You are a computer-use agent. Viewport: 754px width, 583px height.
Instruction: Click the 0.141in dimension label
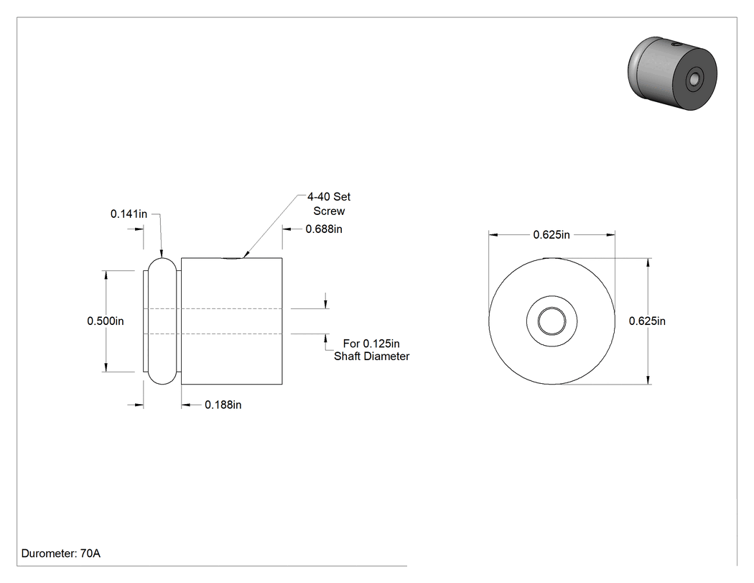129,214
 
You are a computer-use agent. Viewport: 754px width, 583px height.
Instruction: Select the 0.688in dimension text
324,229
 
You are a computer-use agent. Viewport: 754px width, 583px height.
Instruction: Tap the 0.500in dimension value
106,321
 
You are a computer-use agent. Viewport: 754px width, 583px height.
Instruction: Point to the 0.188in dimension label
223,405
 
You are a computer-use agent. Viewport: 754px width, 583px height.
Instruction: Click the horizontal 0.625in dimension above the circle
551,235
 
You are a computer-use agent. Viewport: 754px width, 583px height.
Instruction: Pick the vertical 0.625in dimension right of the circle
647,321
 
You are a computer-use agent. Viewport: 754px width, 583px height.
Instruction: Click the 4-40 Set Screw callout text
329,203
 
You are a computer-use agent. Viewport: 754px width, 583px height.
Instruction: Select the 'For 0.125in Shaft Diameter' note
372,350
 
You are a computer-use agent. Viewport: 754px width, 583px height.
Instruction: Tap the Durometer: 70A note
61,554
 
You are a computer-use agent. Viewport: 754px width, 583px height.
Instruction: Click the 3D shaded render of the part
672,73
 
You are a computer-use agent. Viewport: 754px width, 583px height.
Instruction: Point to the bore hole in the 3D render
694,78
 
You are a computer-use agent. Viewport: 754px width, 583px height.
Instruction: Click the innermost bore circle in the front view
551,321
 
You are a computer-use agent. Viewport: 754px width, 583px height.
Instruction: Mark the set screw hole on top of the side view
233,259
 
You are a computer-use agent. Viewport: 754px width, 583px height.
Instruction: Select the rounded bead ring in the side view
162,321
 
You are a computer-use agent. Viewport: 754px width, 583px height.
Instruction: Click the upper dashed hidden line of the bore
213,308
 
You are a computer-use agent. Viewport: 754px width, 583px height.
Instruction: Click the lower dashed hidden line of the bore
213,334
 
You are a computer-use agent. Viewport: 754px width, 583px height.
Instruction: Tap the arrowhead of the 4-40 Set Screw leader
245,256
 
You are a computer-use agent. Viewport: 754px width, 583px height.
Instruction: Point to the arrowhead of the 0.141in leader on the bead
162,254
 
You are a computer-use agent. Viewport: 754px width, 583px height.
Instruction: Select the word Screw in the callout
329,211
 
